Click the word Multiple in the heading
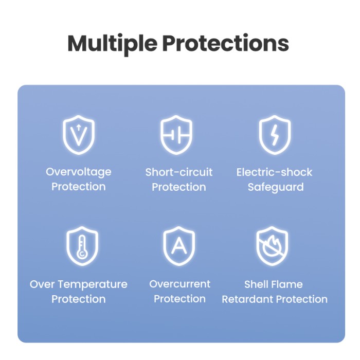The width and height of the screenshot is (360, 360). pyautogui.click(x=112, y=44)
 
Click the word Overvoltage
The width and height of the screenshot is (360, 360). pyautogui.click(x=79, y=172)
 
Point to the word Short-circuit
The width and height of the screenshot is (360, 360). pyautogui.click(x=179, y=172)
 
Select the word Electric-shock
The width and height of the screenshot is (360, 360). pyautogui.click(x=274, y=172)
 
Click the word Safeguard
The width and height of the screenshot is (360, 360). pyautogui.click(x=276, y=187)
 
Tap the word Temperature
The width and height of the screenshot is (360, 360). pyautogui.click(x=92, y=285)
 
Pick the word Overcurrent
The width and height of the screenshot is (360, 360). pyautogui.click(x=180, y=284)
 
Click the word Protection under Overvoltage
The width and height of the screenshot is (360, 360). pyautogui.click(x=79, y=187)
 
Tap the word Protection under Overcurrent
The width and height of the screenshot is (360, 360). pyautogui.click(x=180, y=299)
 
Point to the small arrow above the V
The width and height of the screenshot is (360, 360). pyautogui.click(x=79, y=128)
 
